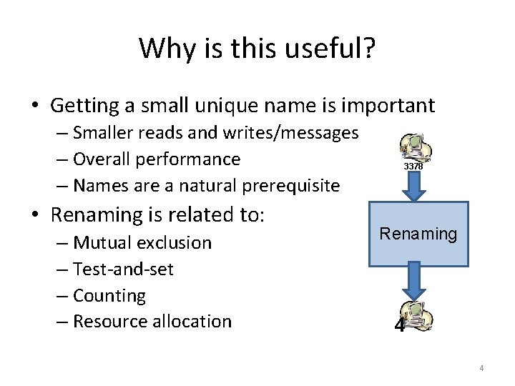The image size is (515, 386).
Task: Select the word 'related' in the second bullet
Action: tap(198, 214)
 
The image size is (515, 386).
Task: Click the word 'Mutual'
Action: tap(102, 243)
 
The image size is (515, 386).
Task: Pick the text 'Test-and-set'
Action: tap(123, 269)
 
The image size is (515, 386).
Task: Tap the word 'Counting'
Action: tap(109, 296)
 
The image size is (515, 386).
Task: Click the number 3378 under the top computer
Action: tap(413, 166)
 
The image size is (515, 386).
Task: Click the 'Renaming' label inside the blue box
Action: tap(418, 234)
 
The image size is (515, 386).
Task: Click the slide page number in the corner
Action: tap(481, 368)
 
